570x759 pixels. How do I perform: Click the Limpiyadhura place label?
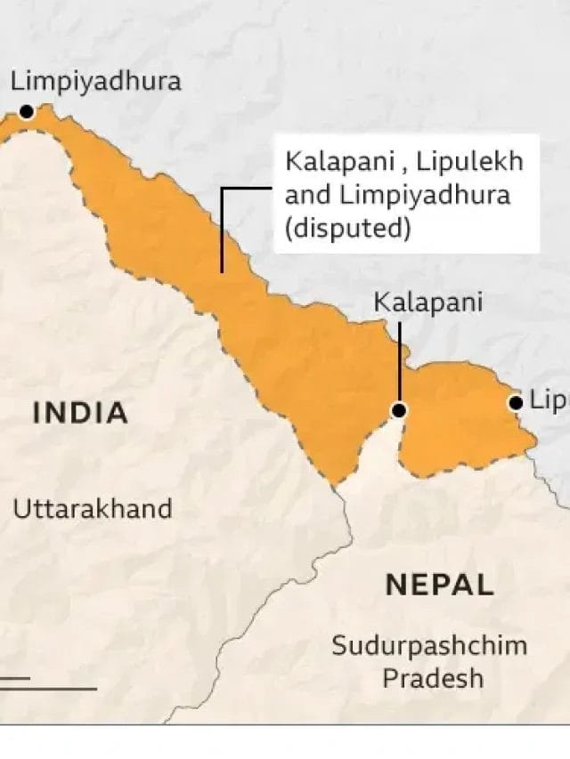tap(95, 82)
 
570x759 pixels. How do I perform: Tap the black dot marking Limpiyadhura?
tap(27, 112)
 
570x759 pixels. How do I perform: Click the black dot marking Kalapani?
tap(399, 410)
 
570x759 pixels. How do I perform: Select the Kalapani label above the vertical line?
tap(427, 303)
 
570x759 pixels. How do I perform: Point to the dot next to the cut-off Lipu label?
tap(516, 402)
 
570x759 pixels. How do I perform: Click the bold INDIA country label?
tap(80, 413)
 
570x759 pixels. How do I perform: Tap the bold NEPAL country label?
tap(439, 585)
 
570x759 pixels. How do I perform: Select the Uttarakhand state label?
tap(92, 509)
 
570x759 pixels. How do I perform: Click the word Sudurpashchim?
tap(429, 645)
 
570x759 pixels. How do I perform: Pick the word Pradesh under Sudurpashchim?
tap(433, 678)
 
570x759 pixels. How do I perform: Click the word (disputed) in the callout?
tap(347, 228)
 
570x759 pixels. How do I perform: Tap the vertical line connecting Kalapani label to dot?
tap(399, 365)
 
